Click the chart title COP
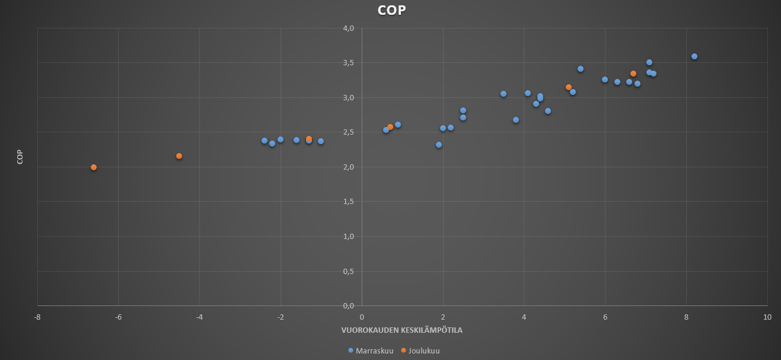click(391, 10)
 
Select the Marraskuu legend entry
click(371, 351)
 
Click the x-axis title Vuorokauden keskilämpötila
click(401, 330)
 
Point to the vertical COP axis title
click(20, 156)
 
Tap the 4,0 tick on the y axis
click(348, 28)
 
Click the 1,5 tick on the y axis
click(348, 202)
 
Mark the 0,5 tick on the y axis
click(348, 271)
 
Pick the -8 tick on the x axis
click(37, 317)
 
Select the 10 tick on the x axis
click(767, 317)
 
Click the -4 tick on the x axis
click(199, 317)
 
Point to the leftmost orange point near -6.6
click(94, 167)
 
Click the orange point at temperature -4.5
click(179, 156)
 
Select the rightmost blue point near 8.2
click(694, 56)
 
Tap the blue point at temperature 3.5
click(503, 94)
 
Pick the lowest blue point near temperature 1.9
click(439, 145)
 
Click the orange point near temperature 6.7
click(633, 74)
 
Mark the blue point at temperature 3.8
click(516, 120)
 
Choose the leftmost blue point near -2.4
click(264, 141)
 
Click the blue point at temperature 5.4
click(581, 69)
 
